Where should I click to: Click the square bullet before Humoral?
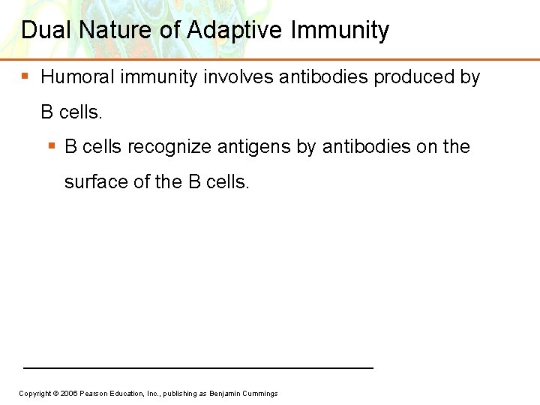[25, 76]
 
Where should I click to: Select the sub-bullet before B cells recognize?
[51, 145]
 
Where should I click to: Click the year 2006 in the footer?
[67, 394]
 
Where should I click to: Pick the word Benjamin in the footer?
[225, 394]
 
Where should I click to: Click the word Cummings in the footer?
[260, 394]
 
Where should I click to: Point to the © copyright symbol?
[55, 394]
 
